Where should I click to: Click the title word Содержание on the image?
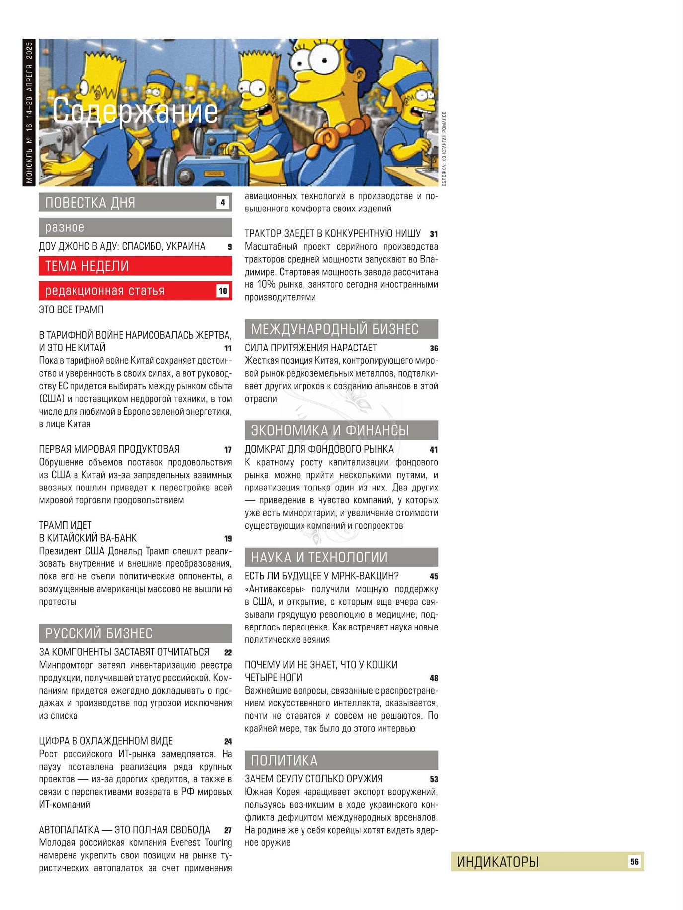tap(135, 111)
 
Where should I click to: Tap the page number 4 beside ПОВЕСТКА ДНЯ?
tap(223, 202)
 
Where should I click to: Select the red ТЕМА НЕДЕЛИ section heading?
tap(87, 266)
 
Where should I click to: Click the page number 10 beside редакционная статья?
tap(223, 291)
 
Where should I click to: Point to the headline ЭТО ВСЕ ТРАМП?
tap(72, 310)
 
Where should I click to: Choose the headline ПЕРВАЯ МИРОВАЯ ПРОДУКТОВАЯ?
tap(109, 449)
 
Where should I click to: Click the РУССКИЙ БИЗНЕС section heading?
tap(99, 633)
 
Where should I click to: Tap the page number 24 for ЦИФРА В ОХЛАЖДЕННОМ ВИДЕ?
tap(228, 742)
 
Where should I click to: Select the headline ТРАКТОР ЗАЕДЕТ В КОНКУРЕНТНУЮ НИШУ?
tap(332, 234)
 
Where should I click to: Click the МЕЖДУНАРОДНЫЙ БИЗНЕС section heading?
tap(335, 329)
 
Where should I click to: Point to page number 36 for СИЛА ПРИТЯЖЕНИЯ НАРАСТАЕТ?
tap(434, 349)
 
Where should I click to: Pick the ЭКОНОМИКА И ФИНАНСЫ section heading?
tap(330, 430)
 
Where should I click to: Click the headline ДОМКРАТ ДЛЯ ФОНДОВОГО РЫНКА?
tap(319, 449)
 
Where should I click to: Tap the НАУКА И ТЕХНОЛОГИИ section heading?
tap(319, 558)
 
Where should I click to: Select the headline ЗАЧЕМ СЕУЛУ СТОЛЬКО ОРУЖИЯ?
tap(313, 779)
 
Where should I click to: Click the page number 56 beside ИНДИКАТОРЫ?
tap(634, 862)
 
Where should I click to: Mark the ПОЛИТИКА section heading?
tap(284, 761)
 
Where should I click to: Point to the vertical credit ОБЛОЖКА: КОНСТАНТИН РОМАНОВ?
tap(444, 149)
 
